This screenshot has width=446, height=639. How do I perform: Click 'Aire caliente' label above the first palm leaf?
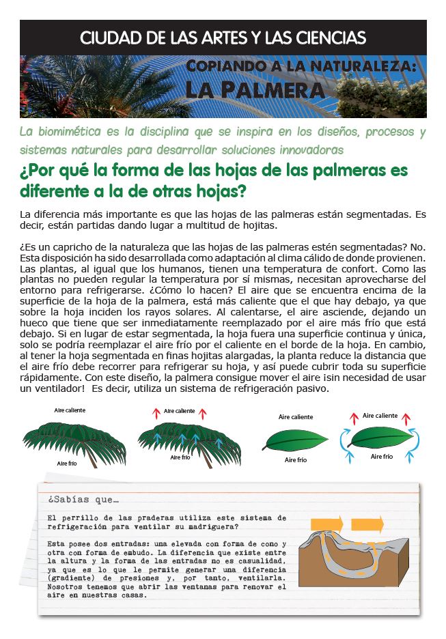pyautogui.click(x=70, y=410)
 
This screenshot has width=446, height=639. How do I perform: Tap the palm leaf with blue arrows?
pyautogui.click(x=181, y=437)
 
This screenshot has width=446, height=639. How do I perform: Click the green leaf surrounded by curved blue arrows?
pyautogui.click(x=380, y=438)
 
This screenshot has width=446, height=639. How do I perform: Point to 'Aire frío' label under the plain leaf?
pyautogui.click(x=295, y=460)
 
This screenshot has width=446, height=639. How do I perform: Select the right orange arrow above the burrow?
pyautogui.click(x=367, y=525)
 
